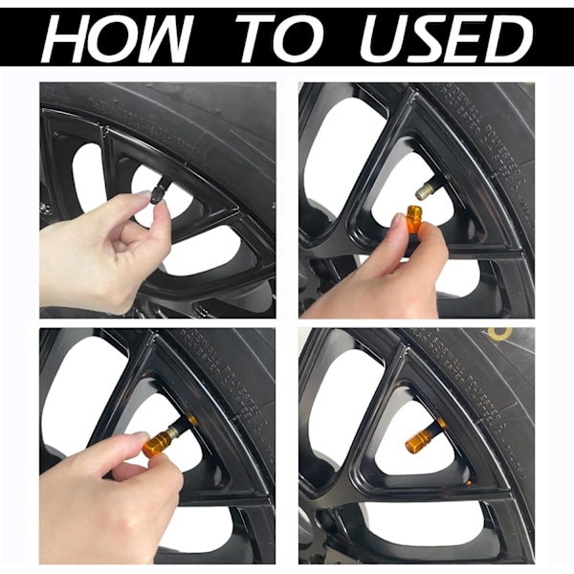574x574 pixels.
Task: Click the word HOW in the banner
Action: click(x=116, y=36)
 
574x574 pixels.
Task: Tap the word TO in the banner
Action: click(x=279, y=36)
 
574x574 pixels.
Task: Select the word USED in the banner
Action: click(x=445, y=36)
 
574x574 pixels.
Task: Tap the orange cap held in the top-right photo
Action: click(x=416, y=217)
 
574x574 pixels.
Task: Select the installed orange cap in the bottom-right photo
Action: click(x=416, y=438)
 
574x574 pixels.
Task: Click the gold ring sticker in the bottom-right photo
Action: click(x=500, y=333)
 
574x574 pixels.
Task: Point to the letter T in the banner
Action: click(x=257, y=37)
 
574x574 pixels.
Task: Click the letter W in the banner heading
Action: click(x=164, y=37)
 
